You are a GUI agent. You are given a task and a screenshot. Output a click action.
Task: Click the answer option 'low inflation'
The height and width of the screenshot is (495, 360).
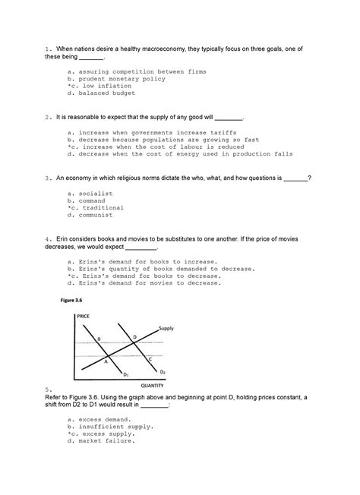click(x=94, y=86)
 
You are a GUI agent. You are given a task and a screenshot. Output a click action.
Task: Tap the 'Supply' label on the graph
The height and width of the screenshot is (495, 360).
click(x=166, y=328)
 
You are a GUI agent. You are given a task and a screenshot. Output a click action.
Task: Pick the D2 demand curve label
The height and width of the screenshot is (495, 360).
click(x=161, y=371)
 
